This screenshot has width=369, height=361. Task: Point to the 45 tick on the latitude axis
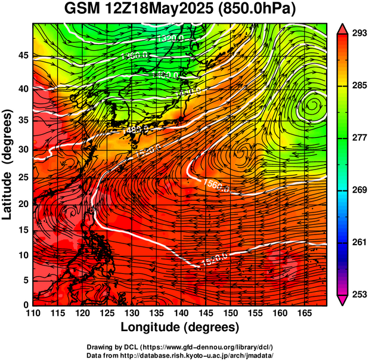(23, 55)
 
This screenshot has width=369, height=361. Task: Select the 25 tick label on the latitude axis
(23, 178)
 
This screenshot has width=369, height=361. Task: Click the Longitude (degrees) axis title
(180, 328)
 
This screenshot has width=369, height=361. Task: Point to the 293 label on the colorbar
(358, 33)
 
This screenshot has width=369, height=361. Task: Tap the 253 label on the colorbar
(358, 294)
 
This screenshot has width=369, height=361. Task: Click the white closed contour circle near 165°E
(312, 106)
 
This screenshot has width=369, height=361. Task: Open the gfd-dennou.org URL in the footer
(208, 347)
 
